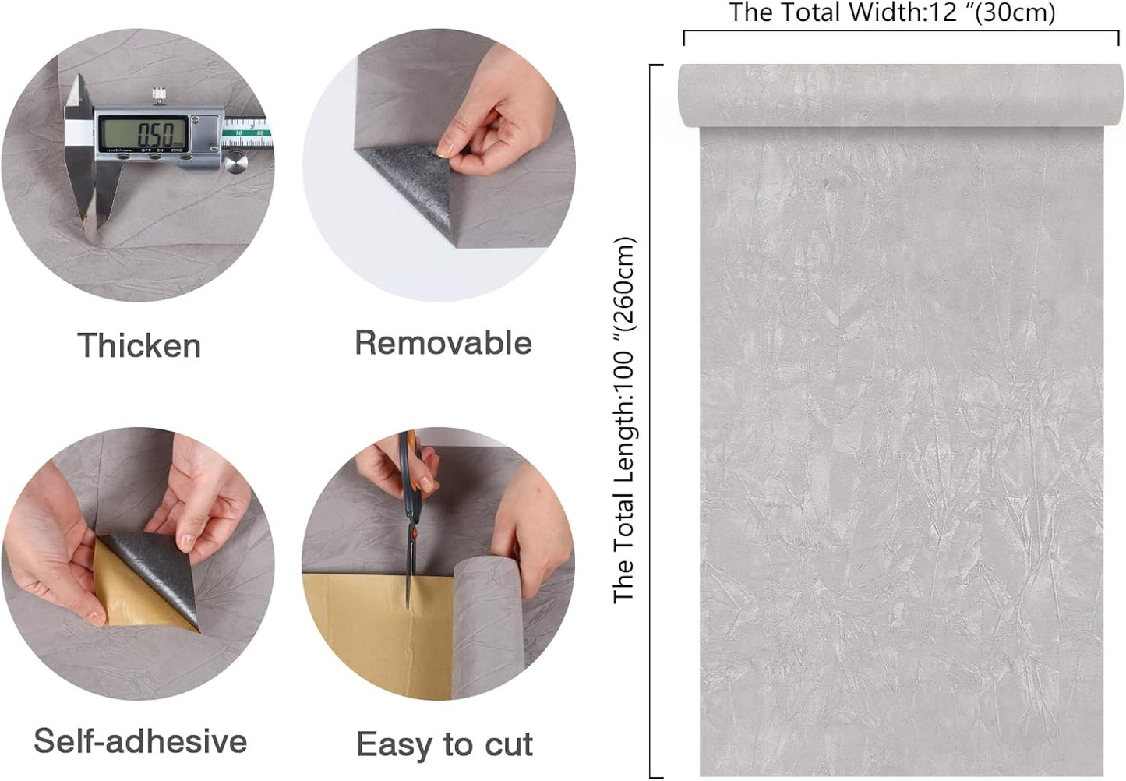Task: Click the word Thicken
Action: click(x=139, y=345)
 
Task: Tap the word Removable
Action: click(x=443, y=342)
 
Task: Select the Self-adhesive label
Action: click(x=140, y=740)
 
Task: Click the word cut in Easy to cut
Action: click(x=509, y=744)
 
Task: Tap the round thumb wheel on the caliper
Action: click(x=235, y=163)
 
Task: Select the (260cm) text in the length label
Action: click(x=625, y=283)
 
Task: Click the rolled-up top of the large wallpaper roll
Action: click(x=901, y=96)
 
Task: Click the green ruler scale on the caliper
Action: click(x=247, y=133)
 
